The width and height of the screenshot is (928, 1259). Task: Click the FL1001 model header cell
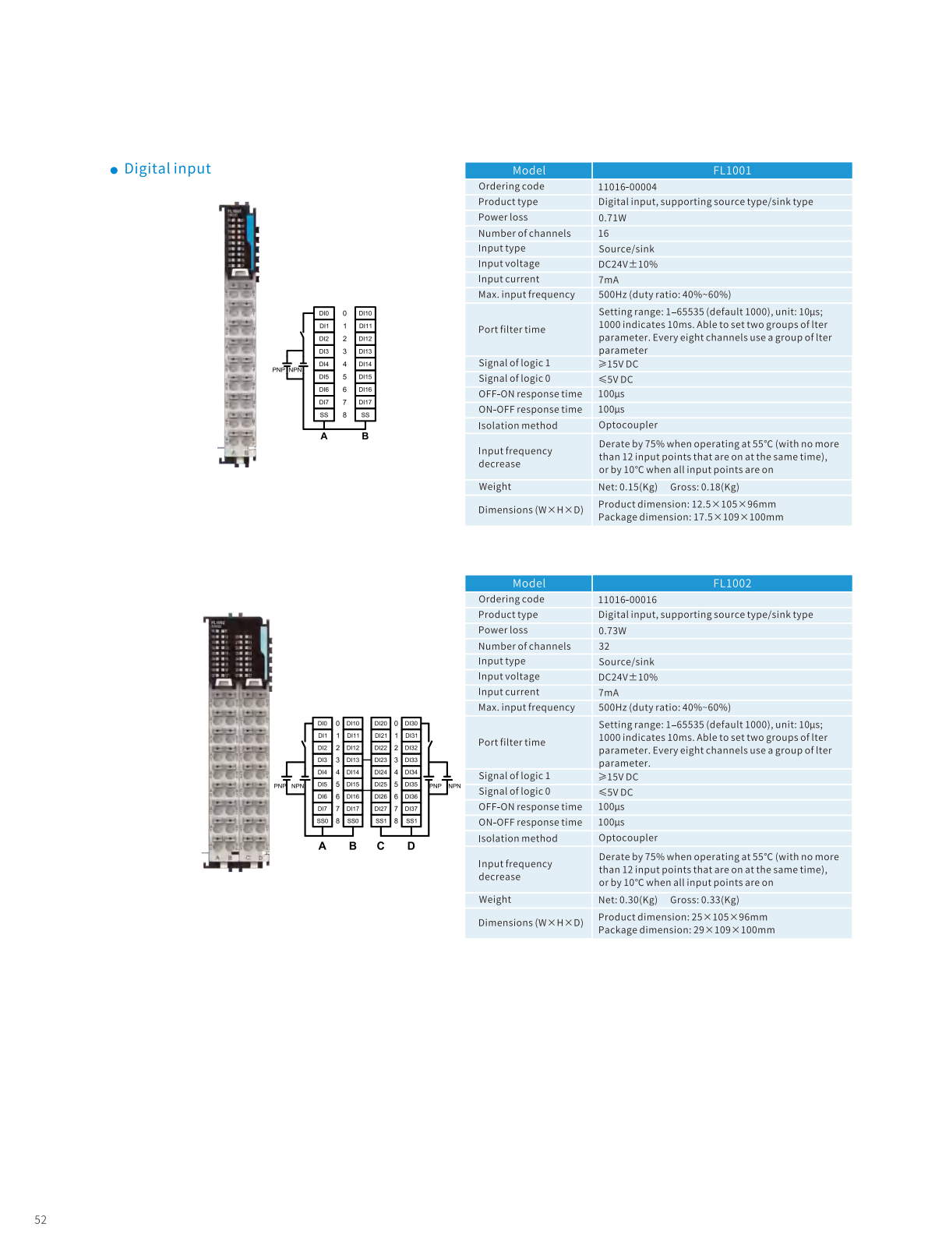(x=732, y=171)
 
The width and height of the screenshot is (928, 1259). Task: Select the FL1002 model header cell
(x=732, y=584)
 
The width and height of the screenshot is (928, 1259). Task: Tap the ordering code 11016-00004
(x=627, y=187)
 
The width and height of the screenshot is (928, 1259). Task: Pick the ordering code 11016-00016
(x=627, y=600)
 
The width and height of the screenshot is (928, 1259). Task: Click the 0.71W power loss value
(x=612, y=218)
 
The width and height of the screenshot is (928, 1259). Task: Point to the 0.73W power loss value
(x=612, y=631)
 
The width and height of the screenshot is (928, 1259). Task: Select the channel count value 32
(x=604, y=647)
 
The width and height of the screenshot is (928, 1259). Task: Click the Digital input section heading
(x=168, y=169)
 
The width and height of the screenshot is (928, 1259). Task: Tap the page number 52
(x=41, y=1220)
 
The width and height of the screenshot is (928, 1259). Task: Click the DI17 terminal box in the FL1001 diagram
(x=365, y=403)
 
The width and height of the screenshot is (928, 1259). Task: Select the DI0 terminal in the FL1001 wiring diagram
(x=324, y=313)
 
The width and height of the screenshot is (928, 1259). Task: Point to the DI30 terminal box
(x=411, y=724)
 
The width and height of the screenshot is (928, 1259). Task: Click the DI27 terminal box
(x=381, y=809)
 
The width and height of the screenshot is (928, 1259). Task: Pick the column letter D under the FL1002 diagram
(x=411, y=846)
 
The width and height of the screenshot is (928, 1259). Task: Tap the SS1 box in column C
(x=381, y=821)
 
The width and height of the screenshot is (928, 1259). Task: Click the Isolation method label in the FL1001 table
(x=517, y=426)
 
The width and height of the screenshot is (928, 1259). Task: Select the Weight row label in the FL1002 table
(x=495, y=900)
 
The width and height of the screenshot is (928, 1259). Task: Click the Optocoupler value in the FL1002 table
(x=628, y=838)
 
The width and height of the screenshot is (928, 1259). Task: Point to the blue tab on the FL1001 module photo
(x=250, y=230)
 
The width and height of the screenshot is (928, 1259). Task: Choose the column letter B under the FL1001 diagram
(x=365, y=436)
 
